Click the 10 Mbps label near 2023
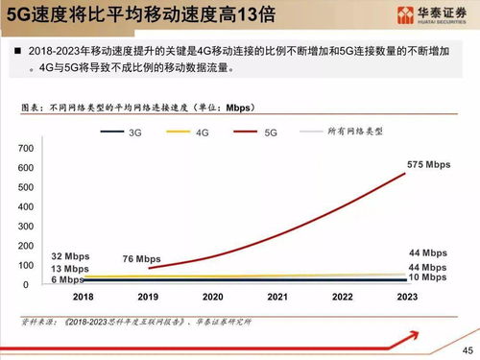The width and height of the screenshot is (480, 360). [x=426, y=277]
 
